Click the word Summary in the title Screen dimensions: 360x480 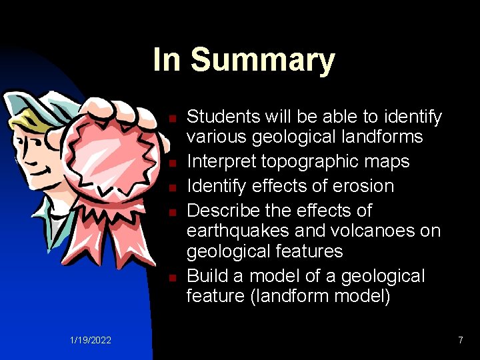(x=263, y=61)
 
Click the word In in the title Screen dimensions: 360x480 (x=167, y=59)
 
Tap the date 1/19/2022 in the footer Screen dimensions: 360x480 (x=91, y=341)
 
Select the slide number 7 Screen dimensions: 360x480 (x=460, y=341)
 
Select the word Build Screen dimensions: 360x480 (x=206, y=276)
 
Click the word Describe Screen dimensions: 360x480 (x=223, y=211)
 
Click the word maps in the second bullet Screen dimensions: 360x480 (x=389, y=162)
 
